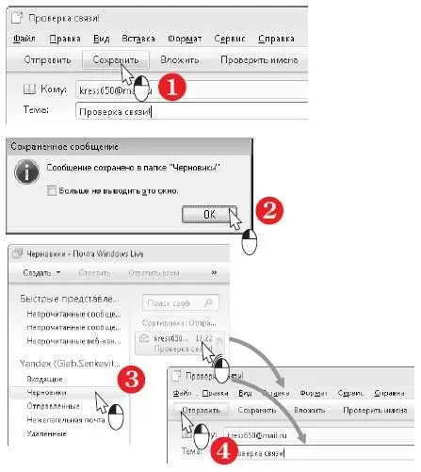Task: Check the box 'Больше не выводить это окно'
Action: (x=53, y=191)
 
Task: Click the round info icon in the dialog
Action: (x=27, y=172)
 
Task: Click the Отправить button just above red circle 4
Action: (x=202, y=410)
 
